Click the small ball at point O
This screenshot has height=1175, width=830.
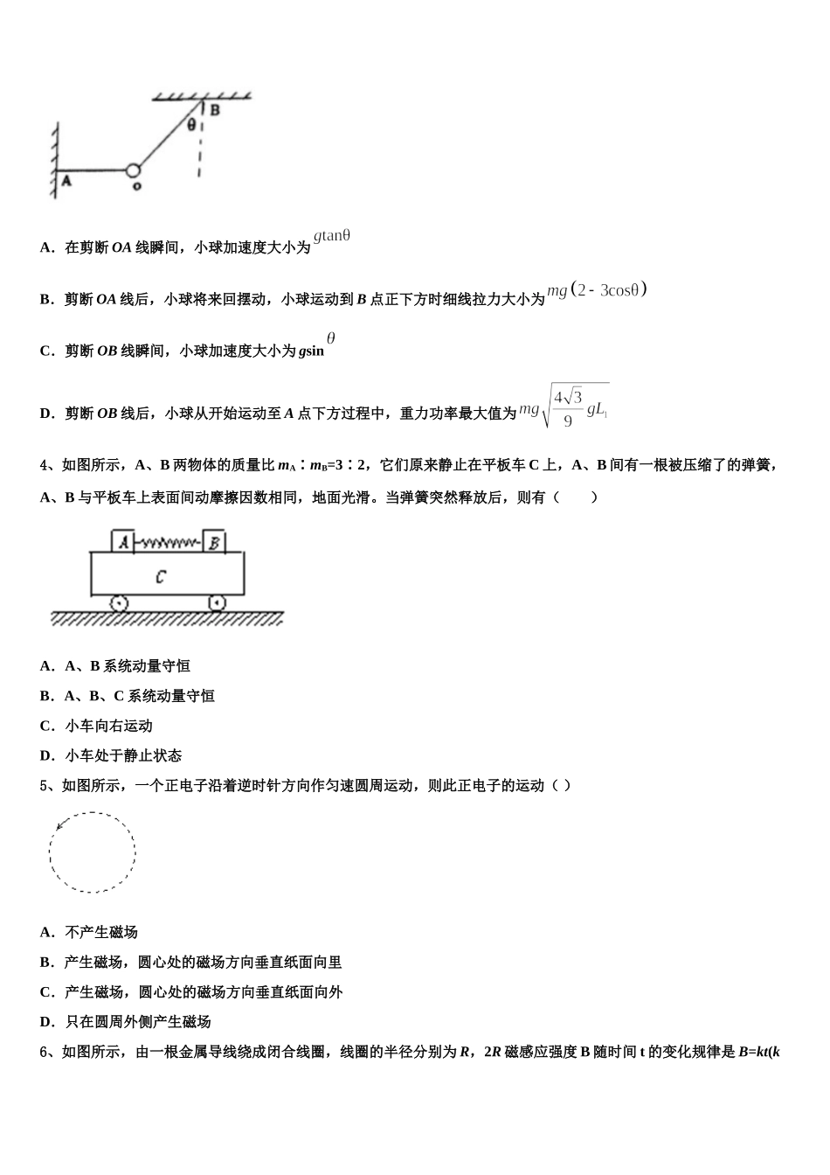(133, 170)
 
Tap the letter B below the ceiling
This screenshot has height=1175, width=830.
(214, 110)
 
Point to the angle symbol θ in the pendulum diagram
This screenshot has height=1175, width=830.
(191, 125)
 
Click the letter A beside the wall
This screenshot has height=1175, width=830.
(66, 181)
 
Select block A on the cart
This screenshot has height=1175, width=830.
(123, 542)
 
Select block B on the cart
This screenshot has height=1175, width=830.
(214, 542)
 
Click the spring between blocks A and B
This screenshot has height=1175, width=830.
(169, 543)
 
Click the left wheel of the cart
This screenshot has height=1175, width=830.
(120, 603)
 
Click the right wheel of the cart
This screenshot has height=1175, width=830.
(217, 603)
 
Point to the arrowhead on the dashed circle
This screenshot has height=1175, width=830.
(59, 825)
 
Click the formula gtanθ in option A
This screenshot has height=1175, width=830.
(332, 235)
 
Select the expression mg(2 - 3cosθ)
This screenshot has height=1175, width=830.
(597, 290)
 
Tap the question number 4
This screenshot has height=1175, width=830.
(45, 465)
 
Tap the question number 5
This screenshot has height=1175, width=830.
(45, 785)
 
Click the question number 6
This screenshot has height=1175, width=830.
(45, 1052)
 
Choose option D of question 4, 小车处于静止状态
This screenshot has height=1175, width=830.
(111, 755)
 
